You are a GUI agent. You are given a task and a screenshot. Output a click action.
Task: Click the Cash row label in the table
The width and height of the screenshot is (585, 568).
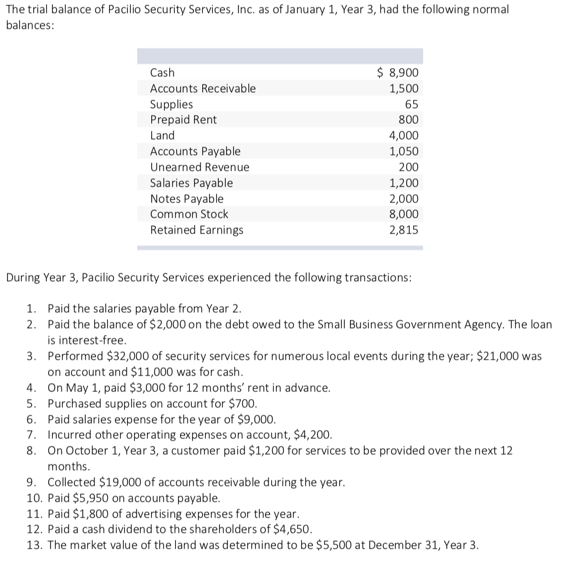162,73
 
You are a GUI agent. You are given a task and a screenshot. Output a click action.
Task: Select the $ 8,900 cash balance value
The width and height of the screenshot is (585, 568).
397,73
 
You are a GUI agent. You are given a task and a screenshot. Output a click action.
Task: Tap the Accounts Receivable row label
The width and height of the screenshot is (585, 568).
203,89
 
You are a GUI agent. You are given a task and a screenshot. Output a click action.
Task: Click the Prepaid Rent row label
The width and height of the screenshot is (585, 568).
183,120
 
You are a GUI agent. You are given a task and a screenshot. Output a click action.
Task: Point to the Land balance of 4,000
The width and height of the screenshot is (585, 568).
404,136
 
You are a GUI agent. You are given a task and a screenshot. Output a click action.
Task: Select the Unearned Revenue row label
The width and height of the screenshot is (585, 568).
199,167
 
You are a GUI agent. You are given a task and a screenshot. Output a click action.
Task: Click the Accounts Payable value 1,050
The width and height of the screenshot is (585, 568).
404,151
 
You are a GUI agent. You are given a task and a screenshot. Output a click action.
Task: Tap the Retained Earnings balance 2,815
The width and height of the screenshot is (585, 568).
404,230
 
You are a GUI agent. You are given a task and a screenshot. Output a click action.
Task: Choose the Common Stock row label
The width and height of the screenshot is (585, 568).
189,214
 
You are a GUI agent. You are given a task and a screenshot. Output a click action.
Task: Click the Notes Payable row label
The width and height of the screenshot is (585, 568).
187,199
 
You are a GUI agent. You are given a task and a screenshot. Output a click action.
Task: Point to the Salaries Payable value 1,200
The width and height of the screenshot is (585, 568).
404,183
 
